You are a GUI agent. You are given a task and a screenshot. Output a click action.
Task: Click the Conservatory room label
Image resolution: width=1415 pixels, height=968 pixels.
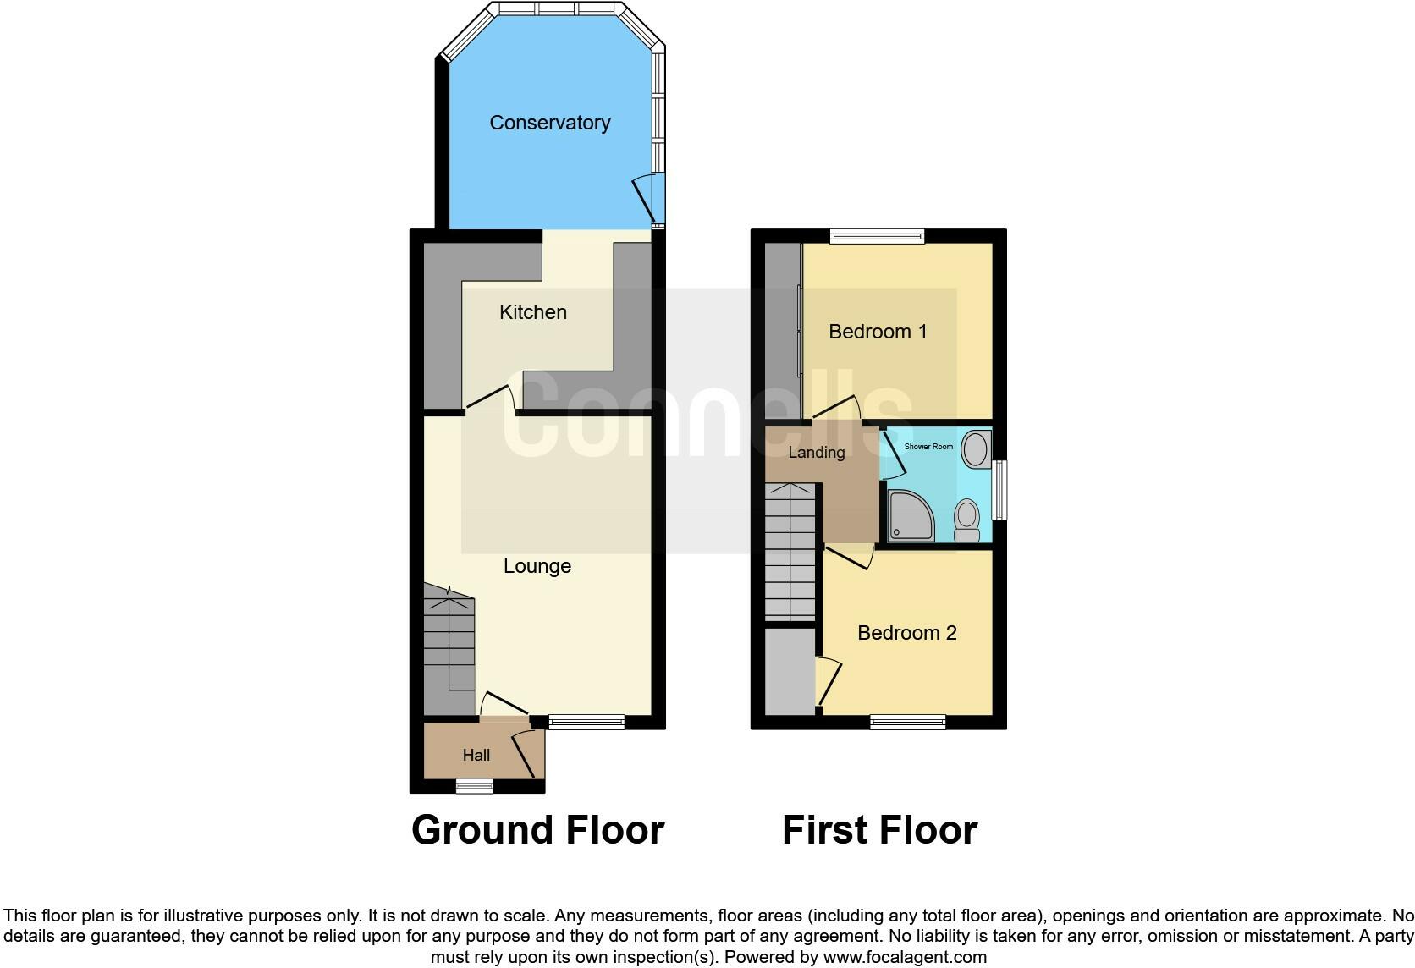[549, 123]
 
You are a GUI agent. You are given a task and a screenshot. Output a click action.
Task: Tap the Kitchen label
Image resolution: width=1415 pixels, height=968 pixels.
[532, 312]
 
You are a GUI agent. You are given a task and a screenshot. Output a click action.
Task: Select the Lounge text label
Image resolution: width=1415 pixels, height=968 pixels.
[537, 566]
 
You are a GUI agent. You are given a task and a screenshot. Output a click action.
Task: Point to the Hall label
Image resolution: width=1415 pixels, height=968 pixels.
[476, 755]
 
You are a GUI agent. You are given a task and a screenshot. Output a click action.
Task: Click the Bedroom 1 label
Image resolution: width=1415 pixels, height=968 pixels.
[878, 332]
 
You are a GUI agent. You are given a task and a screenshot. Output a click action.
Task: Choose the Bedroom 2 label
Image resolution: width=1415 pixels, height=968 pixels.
[906, 633]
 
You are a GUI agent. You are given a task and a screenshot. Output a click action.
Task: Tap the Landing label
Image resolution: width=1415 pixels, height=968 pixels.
[816, 453]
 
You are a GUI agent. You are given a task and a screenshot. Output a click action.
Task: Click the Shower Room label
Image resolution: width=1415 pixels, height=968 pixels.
[928, 447]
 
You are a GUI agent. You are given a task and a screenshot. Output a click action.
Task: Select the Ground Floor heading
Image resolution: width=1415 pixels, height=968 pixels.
[537, 830]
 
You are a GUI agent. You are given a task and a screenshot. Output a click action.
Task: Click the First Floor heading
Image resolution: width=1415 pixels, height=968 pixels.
[879, 830]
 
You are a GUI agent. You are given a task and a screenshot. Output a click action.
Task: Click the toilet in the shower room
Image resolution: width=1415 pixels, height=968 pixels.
[966, 519]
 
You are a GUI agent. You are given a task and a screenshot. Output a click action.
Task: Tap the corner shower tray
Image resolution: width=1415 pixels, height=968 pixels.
[911, 514]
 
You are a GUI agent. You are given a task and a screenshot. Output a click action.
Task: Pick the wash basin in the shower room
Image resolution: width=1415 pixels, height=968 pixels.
[977, 448]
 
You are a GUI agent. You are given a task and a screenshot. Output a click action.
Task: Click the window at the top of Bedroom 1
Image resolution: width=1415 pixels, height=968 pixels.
[877, 237]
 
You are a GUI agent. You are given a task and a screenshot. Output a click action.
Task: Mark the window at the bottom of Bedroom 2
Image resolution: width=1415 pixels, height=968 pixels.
[907, 722]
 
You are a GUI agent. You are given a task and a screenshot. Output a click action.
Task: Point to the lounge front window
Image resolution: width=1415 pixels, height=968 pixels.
[586, 722]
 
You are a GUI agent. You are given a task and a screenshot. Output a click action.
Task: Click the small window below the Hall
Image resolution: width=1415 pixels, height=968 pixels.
[474, 786]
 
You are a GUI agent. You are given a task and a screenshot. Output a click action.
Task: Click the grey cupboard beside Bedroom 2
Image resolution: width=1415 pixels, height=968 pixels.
[790, 671]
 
